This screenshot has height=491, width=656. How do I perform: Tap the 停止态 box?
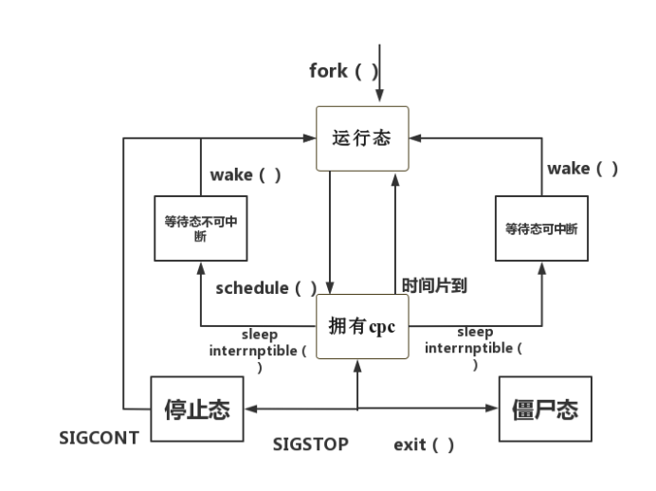click(192, 410)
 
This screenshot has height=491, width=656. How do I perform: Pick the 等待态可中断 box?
click(541, 228)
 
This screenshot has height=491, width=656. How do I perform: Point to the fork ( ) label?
click(341, 71)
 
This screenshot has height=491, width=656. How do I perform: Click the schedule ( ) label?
click(265, 287)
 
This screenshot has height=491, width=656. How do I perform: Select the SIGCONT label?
click(99, 438)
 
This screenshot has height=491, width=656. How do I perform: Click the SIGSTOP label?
click(310, 444)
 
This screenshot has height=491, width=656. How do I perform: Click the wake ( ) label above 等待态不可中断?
click(245, 175)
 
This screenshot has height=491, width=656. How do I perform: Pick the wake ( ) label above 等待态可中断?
click(582, 169)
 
